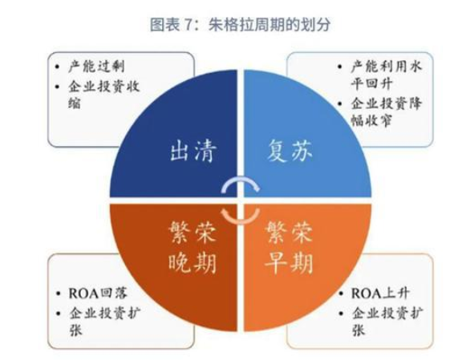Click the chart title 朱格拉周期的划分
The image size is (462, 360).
[x=269, y=24]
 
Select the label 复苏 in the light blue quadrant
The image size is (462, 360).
[x=290, y=150]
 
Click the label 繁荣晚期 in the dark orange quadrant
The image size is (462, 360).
[x=192, y=247]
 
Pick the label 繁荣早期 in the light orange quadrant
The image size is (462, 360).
[x=289, y=247]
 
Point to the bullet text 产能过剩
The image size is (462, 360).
[x=96, y=67]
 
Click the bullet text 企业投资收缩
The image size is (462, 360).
[x=103, y=95]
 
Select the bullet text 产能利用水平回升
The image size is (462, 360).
[x=386, y=75]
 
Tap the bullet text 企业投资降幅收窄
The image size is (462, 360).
[x=386, y=111]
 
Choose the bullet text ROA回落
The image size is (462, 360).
[x=98, y=293]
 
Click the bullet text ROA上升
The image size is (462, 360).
[x=380, y=293]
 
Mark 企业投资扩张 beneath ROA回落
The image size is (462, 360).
[x=105, y=322]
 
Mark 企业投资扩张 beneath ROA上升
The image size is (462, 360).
[x=387, y=322]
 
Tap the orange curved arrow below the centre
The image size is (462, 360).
[x=241, y=220]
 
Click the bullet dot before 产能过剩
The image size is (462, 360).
[x=58, y=67]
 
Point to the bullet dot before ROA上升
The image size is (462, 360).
[x=341, y=293]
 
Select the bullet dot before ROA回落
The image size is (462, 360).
[x=58, y=293]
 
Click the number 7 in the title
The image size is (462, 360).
[x=188, y=24]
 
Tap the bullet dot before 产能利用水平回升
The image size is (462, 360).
[x=340, y=67]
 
